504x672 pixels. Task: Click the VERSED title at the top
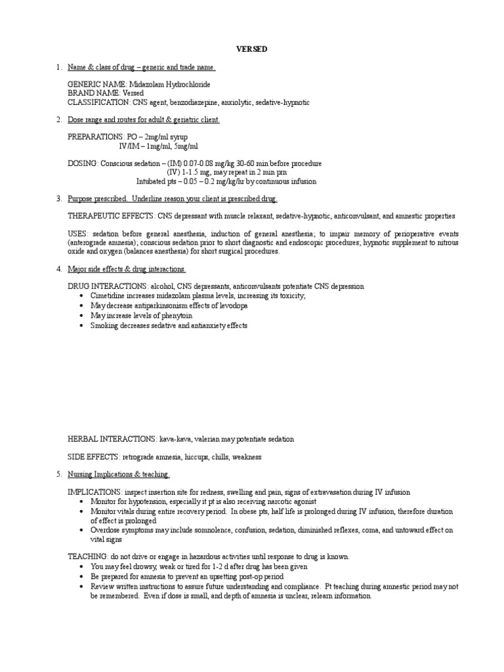point(251,50)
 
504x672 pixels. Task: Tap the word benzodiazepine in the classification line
point(199,103)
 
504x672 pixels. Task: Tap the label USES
point(77,234)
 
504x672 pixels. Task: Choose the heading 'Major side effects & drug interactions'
point(127,269)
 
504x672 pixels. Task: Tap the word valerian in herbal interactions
point(208,438)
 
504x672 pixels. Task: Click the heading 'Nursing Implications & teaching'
point(119,474)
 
